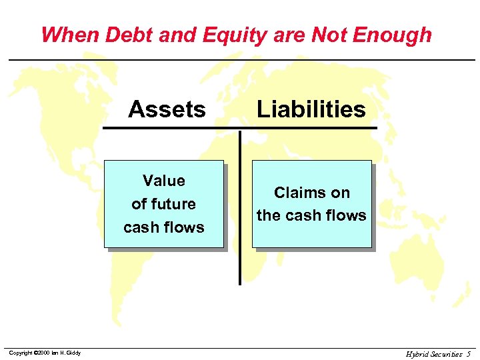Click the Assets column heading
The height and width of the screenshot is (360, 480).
167,109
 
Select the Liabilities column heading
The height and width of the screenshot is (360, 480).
311,109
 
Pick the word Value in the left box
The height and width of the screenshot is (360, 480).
164,181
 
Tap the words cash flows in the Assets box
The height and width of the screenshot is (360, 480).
164,227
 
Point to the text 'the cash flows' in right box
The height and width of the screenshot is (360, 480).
311,215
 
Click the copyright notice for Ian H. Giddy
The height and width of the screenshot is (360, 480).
45,353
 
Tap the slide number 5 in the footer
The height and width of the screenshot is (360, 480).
469,353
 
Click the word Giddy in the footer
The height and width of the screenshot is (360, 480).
73,353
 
